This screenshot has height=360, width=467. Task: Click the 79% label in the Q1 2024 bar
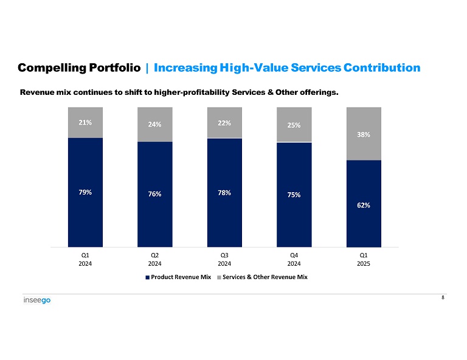point(85,192)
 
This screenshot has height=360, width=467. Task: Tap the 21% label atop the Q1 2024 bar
point(85,122)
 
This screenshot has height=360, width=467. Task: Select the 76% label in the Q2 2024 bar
point(154,194)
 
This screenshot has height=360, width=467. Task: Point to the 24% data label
point(154,125)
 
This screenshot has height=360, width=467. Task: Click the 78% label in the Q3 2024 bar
point(224,192)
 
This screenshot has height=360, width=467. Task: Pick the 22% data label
point(224,123)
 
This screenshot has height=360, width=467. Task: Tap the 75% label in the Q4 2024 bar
point(294,195)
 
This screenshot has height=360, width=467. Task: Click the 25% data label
point(294,125)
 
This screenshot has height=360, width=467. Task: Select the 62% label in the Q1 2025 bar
point(364,206)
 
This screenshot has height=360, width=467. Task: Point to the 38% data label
point(364,134)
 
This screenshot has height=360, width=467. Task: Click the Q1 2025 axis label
point(364,259)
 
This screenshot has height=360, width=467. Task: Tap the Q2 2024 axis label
point(154,259)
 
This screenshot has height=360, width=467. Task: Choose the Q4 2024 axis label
point(294,259)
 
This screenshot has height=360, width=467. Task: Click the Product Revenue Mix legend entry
point(178,277)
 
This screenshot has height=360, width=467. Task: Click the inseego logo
point(37,301)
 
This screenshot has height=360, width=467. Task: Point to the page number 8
point(443,297)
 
